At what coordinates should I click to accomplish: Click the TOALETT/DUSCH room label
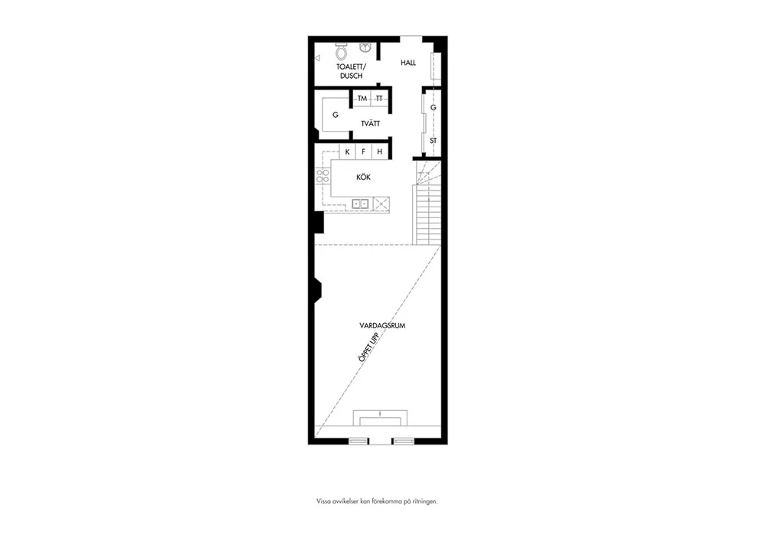[351, 71]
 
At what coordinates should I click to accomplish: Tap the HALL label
[408, 63]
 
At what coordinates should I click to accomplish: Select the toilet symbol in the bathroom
[342, 51]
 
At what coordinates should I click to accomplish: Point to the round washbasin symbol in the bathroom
[365, 47]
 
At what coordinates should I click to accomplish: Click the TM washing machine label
[362, 99]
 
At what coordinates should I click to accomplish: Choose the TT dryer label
[379, 99]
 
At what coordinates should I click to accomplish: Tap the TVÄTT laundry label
[370, 123]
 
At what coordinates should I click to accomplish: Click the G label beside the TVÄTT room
[336, 115]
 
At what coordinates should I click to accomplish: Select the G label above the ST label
[434, 107]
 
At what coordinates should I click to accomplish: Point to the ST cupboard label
[434, 141]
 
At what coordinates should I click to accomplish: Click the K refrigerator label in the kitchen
[347, 152]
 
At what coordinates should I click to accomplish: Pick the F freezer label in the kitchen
[363, 152]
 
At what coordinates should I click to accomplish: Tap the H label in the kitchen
[380, 152]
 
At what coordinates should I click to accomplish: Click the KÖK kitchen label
[363, 177]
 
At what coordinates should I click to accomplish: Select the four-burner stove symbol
[322, 176]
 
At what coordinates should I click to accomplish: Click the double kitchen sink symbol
[361, 204]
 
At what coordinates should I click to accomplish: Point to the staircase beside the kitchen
[427, 203]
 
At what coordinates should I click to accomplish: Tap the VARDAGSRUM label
[382, 325]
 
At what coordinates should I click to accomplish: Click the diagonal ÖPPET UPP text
[369, 347]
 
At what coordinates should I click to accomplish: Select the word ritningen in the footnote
[424, 501]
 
